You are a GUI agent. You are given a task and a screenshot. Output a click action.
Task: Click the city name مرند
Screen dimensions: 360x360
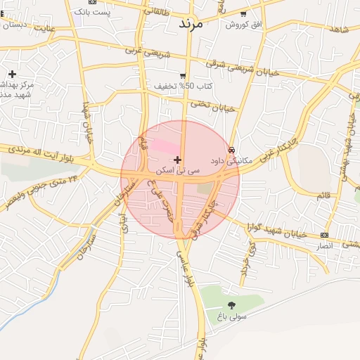point(190,23)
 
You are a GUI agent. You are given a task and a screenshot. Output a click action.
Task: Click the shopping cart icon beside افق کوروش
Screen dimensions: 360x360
point(243,13)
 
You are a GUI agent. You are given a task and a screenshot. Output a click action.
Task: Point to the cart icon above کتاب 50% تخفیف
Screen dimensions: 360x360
point(183,75)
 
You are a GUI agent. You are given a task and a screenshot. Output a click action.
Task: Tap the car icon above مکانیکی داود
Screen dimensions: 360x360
point(231,149)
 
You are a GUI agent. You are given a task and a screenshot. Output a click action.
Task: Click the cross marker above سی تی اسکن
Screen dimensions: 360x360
point(177,160)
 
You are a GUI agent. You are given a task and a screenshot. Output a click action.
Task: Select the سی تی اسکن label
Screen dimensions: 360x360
point(179,171)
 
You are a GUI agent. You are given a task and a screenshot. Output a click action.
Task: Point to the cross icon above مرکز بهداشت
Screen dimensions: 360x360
point(12,74)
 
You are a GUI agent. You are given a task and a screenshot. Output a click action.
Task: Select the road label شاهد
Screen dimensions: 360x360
point(339,29)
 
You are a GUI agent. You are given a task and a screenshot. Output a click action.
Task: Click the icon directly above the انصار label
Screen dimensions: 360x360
point(323,235)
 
